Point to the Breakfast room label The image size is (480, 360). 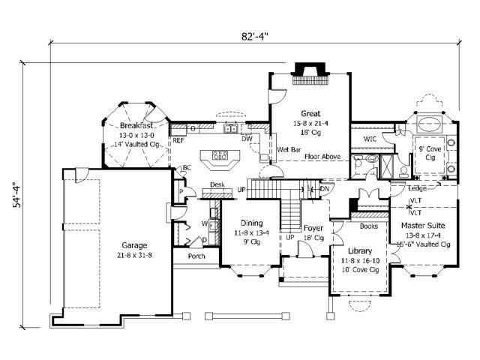click(135, 125)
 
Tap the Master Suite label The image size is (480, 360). click(422, 225)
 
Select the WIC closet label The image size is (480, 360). click(370, 139)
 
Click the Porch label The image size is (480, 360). click(196, 256)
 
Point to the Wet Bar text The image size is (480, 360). click(289, 150)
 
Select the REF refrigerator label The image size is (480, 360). click(178, 140)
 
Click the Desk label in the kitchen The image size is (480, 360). click(217, 184)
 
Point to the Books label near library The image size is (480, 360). click(368, 225)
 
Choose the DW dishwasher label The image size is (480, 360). click(247, 139)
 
